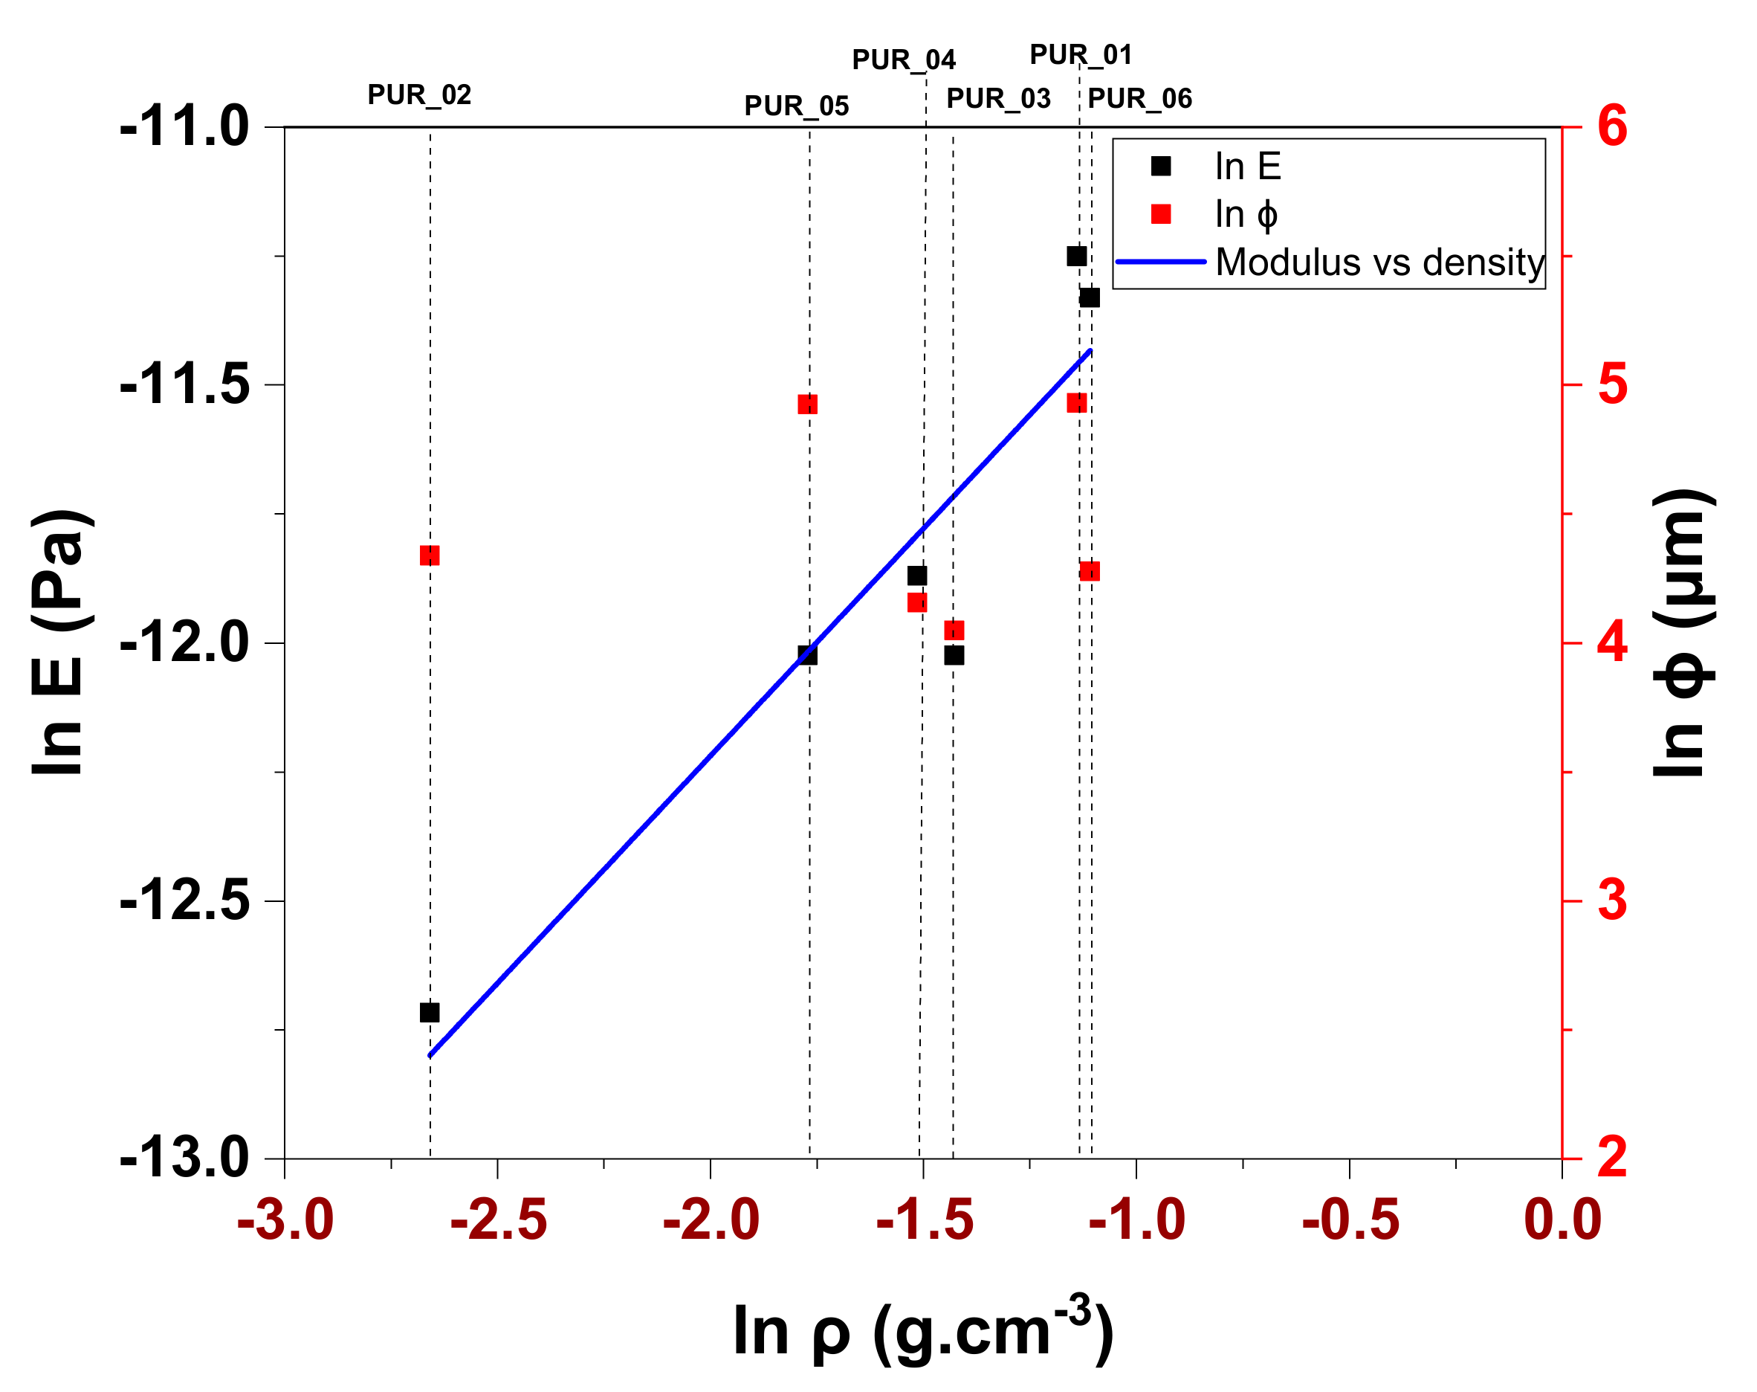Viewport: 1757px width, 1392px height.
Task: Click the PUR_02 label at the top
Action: (x=418, y=95)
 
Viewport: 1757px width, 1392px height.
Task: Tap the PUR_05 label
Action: (x=796, y=106)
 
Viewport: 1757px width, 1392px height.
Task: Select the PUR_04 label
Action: (x=902, y=60)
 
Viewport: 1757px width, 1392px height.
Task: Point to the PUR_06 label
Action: (x=1139, y=99)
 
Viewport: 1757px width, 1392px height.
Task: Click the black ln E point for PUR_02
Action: (x=430, y=1012)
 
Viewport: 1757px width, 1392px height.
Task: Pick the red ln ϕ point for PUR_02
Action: (x=430, y=555)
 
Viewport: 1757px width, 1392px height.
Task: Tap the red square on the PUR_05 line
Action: (x=807, y=405)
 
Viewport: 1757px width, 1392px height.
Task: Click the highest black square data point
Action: (x=1076, y=257)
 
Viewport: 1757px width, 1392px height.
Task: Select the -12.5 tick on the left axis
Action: (x=184, y=900)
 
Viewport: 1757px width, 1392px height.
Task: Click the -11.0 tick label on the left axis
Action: (x=184, y=127)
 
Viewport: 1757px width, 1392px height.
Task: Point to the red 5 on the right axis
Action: (x=1612, y=384)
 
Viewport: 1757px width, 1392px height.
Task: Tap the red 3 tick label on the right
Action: (x=1612, y=900)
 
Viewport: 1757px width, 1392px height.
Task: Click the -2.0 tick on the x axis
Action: (x=711, y=1220)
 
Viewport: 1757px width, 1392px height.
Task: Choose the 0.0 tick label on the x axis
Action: (x=1562, y=1220)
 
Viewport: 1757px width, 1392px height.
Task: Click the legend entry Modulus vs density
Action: (x=1379, y=262)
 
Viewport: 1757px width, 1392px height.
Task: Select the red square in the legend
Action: (x=1160, y=214)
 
